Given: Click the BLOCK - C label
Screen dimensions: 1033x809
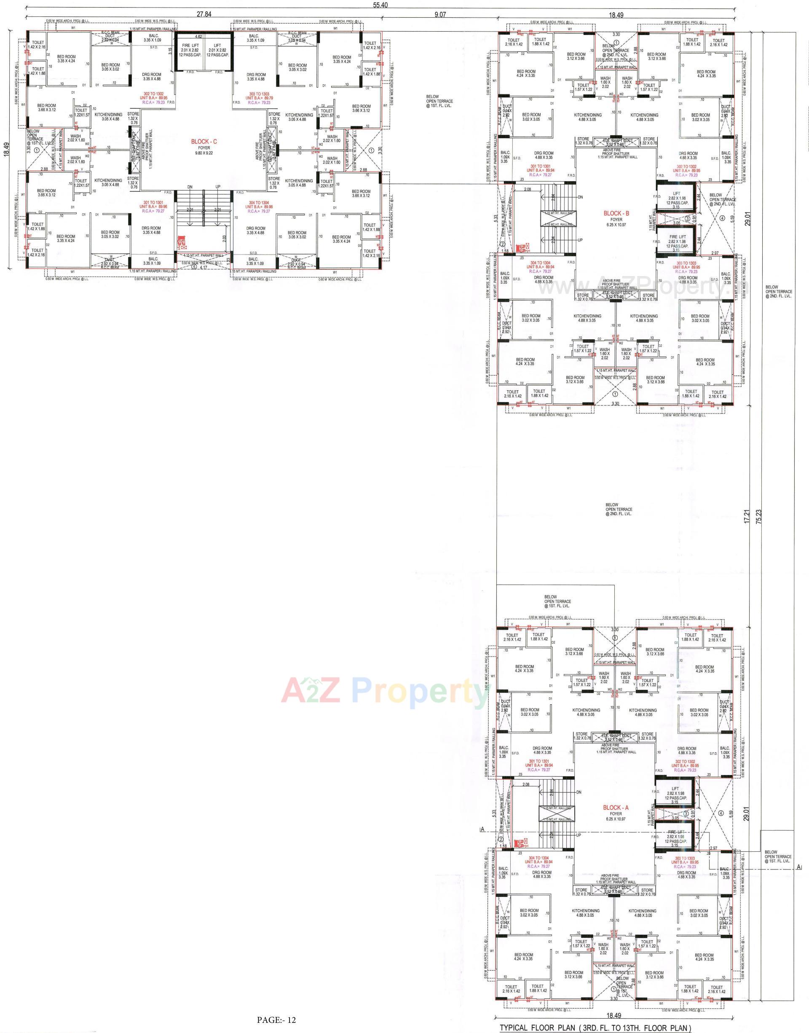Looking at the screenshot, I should (x=204, y=142).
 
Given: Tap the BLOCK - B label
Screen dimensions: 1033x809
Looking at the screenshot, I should (x=616, y=213).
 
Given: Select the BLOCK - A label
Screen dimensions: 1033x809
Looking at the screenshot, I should (x=615, y=808).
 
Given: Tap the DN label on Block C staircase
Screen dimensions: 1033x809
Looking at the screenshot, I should (x=190, y=187).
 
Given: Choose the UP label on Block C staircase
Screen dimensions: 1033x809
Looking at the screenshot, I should (x=218, y=187).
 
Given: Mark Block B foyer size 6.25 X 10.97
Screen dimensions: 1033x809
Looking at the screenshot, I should (x=616, y=224).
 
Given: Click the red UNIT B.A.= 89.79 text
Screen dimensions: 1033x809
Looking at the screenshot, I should (x=259, y=98).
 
